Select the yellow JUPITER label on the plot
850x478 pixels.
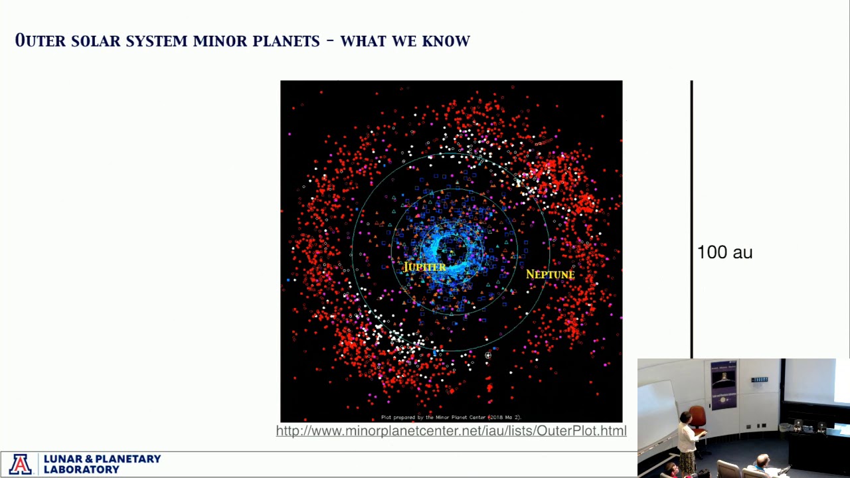[425, 267]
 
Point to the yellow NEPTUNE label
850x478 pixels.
[550, 274]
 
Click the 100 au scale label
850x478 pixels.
[724, 252]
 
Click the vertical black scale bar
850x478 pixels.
[691, 219]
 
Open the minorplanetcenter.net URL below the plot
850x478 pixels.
[451, 431]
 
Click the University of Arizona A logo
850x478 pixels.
[20, 464]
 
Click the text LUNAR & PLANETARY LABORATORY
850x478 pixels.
[102, 464]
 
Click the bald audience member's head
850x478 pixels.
[763, 459]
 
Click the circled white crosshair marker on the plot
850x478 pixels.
[487, 356]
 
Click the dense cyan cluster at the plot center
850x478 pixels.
[452, 249]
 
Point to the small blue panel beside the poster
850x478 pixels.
[760, 380]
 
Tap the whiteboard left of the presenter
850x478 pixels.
[657, 405]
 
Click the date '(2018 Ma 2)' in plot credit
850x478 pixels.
[505, 418]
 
